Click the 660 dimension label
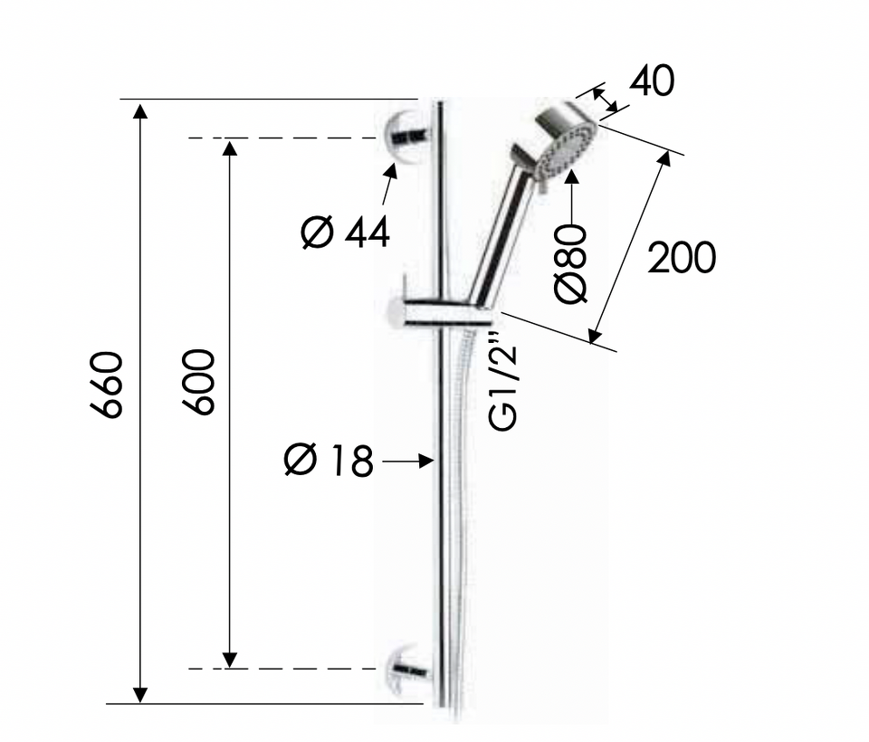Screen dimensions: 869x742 click(x=106, y=384)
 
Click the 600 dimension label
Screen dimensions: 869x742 click(x=198, y=382)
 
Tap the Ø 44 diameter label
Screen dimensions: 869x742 click(x=345, y=233)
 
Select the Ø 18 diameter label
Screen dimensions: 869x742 click(x=329, y=460)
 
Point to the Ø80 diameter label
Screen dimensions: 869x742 click(x=571, y=264)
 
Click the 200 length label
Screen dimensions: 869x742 click(x=682, y=258)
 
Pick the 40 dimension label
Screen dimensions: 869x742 click(x=652, y=81)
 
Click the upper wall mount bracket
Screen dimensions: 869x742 click(x=408, y=138)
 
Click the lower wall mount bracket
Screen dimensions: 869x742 click(x=410, y=671)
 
